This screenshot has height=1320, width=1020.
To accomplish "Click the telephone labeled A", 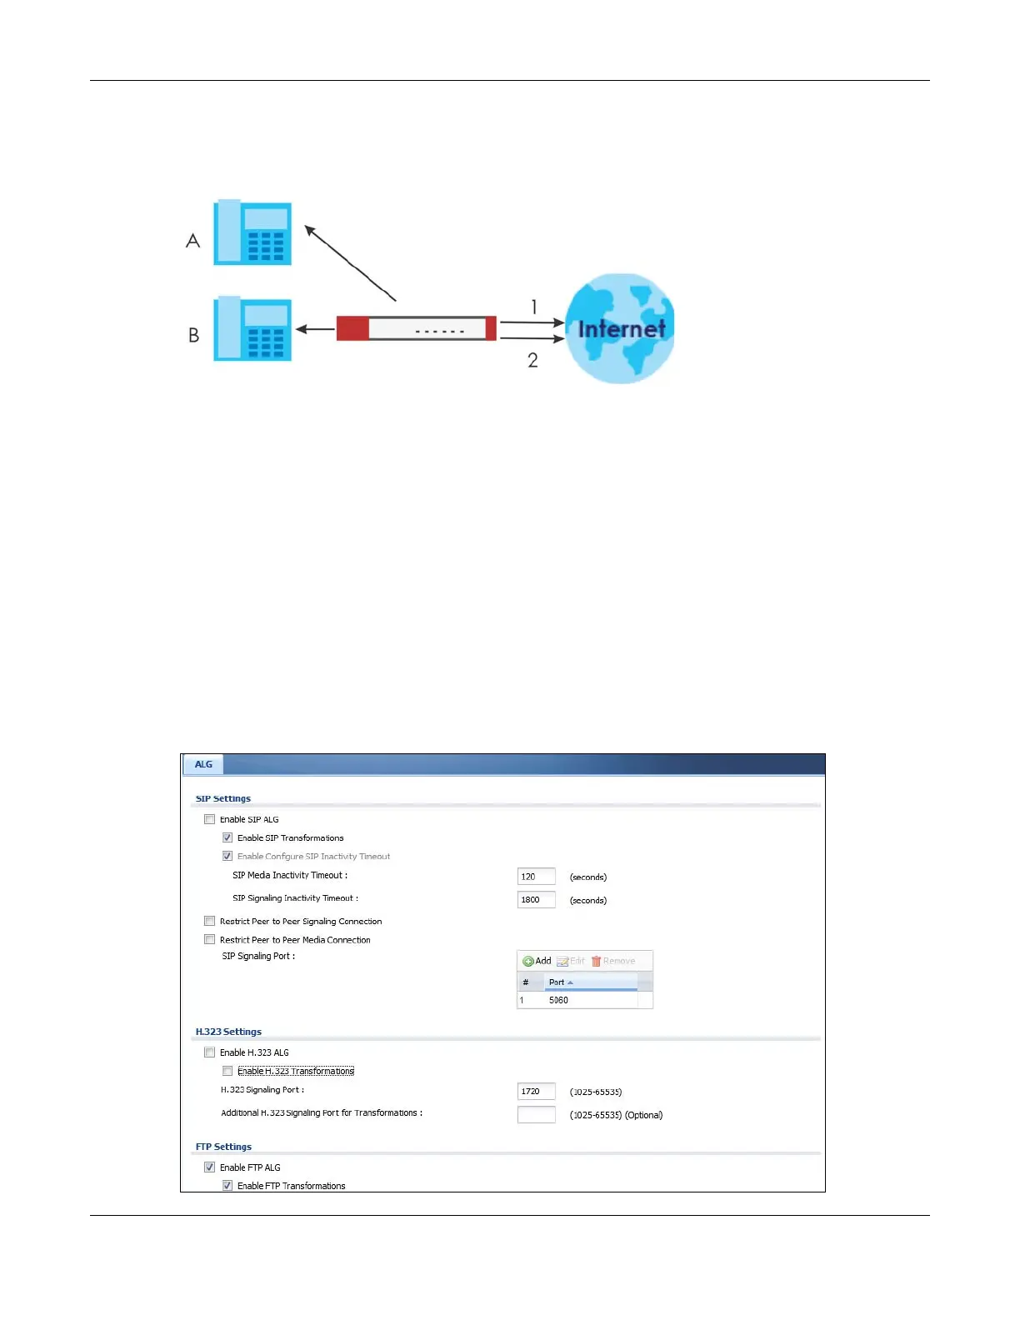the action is click(252, 232).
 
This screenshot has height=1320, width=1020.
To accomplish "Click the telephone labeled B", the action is click(252, 329).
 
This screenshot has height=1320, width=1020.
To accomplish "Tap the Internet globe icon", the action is click(620, 328).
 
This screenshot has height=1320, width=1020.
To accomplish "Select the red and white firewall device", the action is click(416, 328).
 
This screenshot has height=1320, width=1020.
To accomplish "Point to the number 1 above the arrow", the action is click(534, 307).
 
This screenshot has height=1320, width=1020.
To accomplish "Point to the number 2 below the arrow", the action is click(532, 360).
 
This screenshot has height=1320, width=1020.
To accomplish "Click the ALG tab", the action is click(203, 764).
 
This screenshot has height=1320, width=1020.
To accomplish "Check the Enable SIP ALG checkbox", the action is click(210, 819).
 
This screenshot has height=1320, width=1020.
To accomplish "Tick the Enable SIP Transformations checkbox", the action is click(227, 837).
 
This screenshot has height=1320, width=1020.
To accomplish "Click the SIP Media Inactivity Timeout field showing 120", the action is click(536, 877).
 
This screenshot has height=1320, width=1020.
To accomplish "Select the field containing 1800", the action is click(536, 900).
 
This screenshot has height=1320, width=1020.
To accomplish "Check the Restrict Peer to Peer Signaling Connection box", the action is click(210, 921).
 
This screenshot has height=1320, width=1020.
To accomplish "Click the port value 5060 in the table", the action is click(558, 1000).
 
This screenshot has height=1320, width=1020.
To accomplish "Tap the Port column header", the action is click(557, 982).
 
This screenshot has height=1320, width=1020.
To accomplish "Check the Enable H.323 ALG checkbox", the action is click(210, 1052).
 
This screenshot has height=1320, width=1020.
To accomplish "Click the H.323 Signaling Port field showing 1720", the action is click(536, 1092).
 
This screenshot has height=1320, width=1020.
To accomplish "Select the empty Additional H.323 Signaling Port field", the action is click(536, 1115).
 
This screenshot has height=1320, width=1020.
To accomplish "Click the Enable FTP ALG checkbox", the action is click(210, 1167).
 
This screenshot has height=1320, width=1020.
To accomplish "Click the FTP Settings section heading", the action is click(223, 1147).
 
